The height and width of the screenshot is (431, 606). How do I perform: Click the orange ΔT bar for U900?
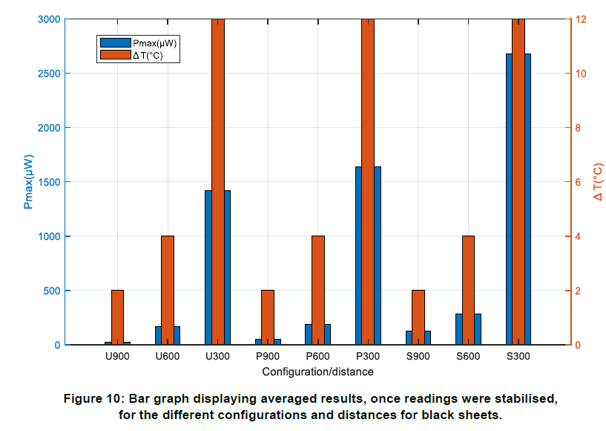pos(117,317)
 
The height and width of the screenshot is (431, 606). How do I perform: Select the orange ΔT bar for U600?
pos(168,290)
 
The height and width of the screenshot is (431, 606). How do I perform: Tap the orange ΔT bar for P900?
pos(268,317)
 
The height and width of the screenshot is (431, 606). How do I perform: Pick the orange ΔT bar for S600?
pos(468,290)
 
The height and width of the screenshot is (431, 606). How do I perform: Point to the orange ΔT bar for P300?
pos(368,181)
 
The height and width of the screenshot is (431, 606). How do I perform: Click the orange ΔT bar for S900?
pos(418,317)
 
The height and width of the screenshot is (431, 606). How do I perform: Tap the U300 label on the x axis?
pos(217,357)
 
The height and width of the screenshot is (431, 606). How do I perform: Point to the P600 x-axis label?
pos(317,357)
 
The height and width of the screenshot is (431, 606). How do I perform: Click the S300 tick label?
pos(518,357)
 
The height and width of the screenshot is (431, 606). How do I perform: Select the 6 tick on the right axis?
pos(576,182)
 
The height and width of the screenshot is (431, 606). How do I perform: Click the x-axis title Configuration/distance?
pos(317,371)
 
